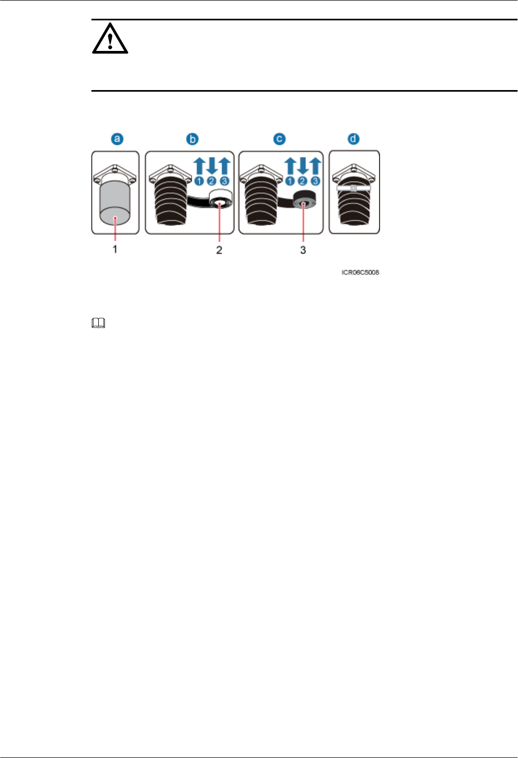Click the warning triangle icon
pos(110,39)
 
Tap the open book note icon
pos(98,323)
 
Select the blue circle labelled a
pos(117,139)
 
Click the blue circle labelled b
pos(192,139)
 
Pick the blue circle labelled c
pos(279,139)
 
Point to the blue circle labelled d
pos(353,139)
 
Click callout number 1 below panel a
pos(115,249)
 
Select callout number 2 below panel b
pos(219,250)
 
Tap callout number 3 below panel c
pos(303,250)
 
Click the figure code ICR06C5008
pos(360,272)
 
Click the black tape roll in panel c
pos(304,202)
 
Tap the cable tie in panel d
pos(354,188)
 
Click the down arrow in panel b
pos(211,165)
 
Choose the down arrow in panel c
pos(303,165)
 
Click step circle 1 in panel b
pos(199,181)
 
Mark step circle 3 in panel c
pos(315,181)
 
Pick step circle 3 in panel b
pos(224,181)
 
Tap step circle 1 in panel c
pos(290,181)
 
